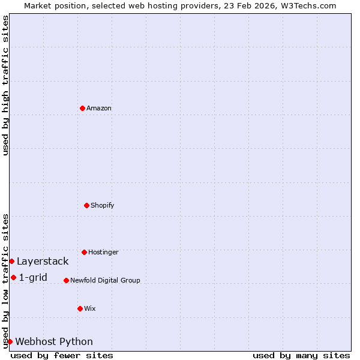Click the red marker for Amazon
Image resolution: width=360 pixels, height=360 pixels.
click(x=82, y=108)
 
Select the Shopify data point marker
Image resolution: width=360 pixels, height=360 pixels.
click(x=86, y=205)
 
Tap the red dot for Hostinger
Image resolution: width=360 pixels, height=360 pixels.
click(x=84, y=252)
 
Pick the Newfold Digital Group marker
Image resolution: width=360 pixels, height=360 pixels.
click(x=66, y=280)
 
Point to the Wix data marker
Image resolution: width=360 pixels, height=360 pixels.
click(x=80, y=308)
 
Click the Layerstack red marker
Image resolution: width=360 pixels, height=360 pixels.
click(x=11, y=261)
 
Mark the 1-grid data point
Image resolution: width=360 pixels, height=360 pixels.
click(x=13, y=277)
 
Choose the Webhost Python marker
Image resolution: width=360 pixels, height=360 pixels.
click(x=10, y=341)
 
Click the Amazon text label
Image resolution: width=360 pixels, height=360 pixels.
click(x=99, y=108)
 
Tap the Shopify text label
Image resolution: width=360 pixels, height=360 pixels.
click(x=103, y=205)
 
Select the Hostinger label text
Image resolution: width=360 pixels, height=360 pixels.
click(x=103, y=252)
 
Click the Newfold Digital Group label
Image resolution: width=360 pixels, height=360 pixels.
click(x=105, y=280)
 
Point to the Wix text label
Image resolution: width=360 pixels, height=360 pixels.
click(x=90, y=308)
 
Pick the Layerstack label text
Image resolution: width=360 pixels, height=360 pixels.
click(x=43, y=261)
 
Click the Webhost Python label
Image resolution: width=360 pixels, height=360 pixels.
click(x=54, y=341)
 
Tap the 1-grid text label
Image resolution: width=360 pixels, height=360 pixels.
click(x=33, y=277)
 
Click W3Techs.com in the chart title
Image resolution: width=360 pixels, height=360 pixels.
click(x=308, y=5)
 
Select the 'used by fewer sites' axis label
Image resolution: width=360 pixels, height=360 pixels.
click(x=62, y=355)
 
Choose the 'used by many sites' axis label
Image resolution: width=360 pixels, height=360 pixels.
click(x=301, y=355)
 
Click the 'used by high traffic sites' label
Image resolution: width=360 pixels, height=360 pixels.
click(x=5, y=85)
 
